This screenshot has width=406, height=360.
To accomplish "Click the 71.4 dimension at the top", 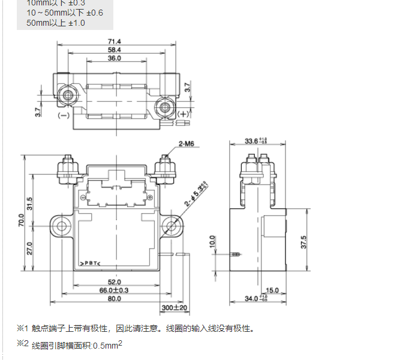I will point(115,40).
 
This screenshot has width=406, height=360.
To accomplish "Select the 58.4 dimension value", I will point(115,49).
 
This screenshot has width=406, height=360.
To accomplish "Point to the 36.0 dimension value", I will point(115,58).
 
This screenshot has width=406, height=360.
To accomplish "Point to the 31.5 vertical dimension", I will point(30,203).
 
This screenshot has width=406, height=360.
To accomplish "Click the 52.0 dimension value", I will point(115,282).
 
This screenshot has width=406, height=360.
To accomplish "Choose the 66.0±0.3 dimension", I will point(115,290).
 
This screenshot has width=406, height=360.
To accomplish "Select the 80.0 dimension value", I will point(115,299).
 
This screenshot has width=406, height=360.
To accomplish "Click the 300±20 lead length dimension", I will point(175,308).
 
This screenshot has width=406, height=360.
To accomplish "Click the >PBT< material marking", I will point(90,263).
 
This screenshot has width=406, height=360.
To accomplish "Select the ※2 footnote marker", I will point(22,343).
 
